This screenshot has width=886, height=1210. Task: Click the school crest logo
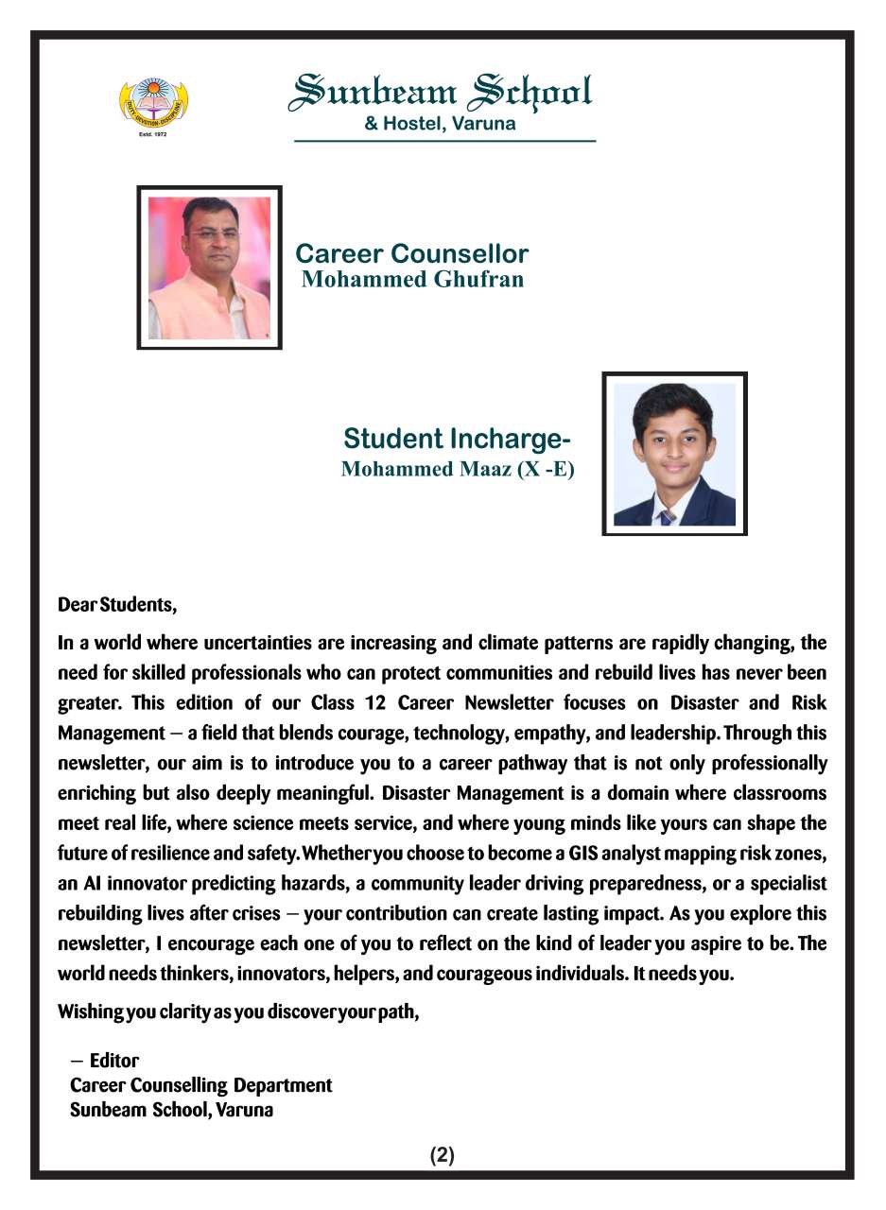point(153,105)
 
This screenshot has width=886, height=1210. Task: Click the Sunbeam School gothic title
point(442,92)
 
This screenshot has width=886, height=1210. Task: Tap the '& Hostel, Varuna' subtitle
point(441,123)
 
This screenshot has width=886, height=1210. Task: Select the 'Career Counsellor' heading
point(411,253)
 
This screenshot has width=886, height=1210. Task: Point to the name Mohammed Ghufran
point(412,279)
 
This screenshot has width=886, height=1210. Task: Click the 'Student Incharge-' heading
point(457,439)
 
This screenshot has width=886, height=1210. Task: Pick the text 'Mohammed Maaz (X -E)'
point(458,469)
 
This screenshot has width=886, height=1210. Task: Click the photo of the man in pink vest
point(209,268)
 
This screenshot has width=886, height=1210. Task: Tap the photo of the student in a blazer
point(674,454)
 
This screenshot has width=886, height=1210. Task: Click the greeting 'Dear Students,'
point(117,604)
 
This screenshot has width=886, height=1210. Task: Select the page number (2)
point(443,1155)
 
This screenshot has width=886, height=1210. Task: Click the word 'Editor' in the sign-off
point(114,1061)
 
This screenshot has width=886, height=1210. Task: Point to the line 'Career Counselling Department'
point(201,1085)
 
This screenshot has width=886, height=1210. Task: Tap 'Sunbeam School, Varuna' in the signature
point(172,1110)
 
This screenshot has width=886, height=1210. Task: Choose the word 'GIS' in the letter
point(582,854)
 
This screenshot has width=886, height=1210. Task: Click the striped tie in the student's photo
point(668,516)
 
